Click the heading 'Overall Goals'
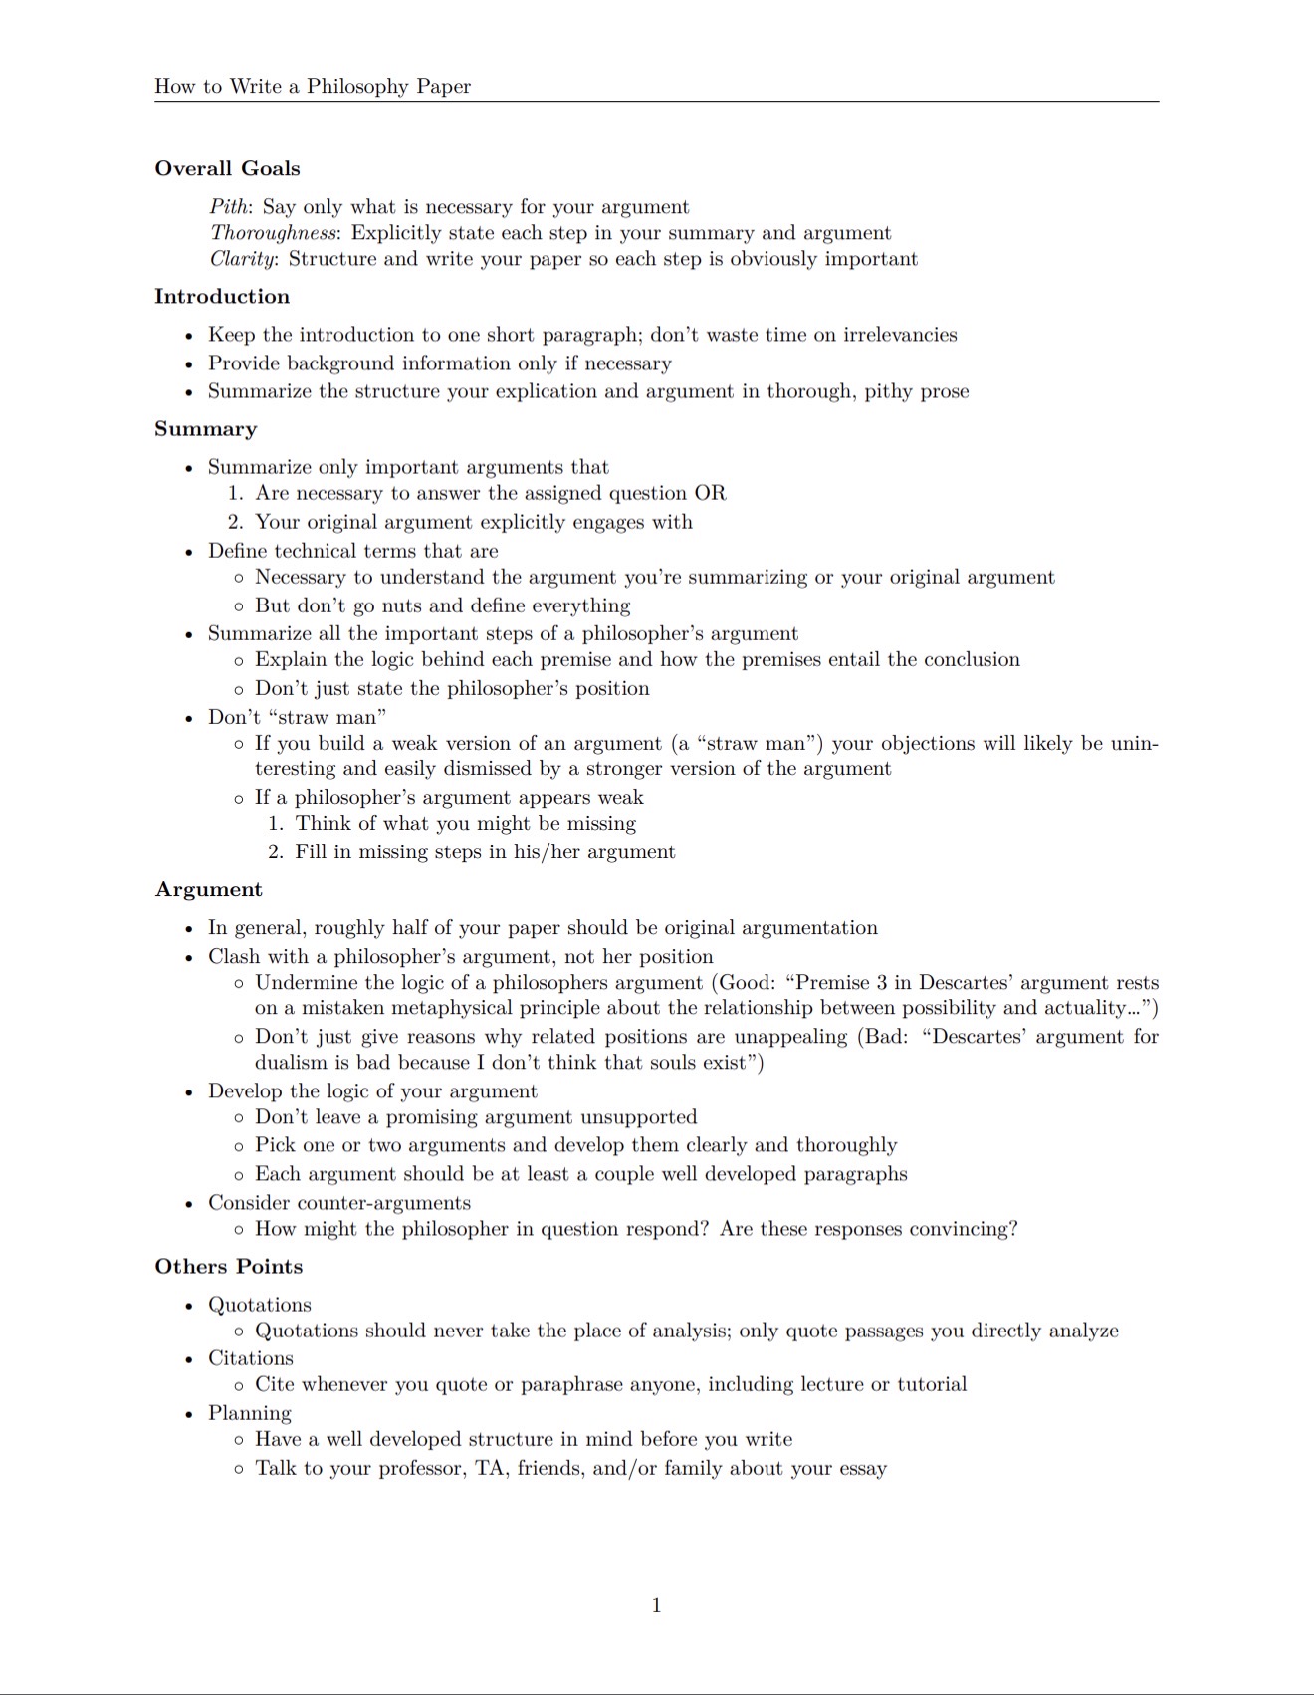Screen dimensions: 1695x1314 [227, 168]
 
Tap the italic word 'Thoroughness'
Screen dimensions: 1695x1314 [274, 233]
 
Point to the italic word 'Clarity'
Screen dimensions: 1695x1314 [243, 259]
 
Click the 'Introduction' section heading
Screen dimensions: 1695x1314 [222, 296]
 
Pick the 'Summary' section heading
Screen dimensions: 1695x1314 [205, 429]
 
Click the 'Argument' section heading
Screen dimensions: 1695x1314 [208, 889]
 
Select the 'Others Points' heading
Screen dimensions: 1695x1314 [228, 1266]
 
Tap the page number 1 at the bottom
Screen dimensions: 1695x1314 [656, 1604]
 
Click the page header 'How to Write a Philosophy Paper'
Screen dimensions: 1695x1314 [313, 86]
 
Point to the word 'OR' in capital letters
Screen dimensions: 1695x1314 [710, 493]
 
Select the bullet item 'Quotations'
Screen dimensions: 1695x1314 [259, 1305]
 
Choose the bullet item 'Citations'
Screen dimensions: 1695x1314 [250, 1358]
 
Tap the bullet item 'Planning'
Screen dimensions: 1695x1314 [249, 1413]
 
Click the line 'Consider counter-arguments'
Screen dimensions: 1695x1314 [338, 1203]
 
